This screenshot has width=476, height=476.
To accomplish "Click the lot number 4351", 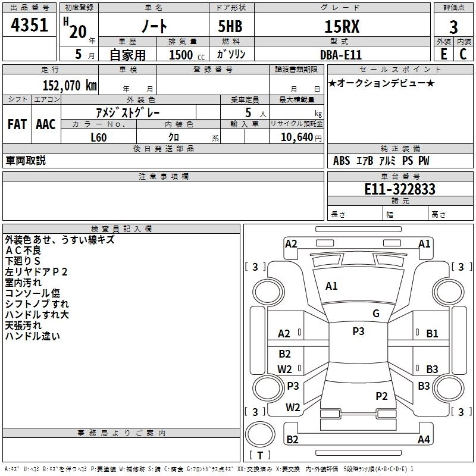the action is click(30, 27).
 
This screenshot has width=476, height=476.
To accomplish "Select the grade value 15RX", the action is click(342, 27).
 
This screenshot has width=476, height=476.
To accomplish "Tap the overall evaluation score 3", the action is click(453, 27).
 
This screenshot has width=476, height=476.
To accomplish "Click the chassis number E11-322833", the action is click(399, 189).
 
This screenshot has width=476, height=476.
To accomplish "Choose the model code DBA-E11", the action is click(342, 54).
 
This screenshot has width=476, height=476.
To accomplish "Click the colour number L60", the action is click(99, 137).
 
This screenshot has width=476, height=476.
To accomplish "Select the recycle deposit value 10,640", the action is click(296, 137).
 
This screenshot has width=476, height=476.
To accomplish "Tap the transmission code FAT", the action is click(17, 124).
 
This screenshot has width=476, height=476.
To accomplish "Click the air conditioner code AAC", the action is click(46, 124).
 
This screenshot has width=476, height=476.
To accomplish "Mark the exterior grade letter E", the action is click(443, 54).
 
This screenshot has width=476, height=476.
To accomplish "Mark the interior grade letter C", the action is click(463, 54).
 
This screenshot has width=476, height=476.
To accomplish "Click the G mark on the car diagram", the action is click(376, 314).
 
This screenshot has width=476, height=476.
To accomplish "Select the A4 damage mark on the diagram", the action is click(424, 440).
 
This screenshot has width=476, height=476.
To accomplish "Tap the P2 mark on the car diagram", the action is click(382, 396).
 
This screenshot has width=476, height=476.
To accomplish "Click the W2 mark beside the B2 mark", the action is click(285, 369).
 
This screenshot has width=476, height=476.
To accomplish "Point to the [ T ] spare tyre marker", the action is click(260, 455).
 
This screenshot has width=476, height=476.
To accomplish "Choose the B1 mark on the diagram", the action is click(432, 334).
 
